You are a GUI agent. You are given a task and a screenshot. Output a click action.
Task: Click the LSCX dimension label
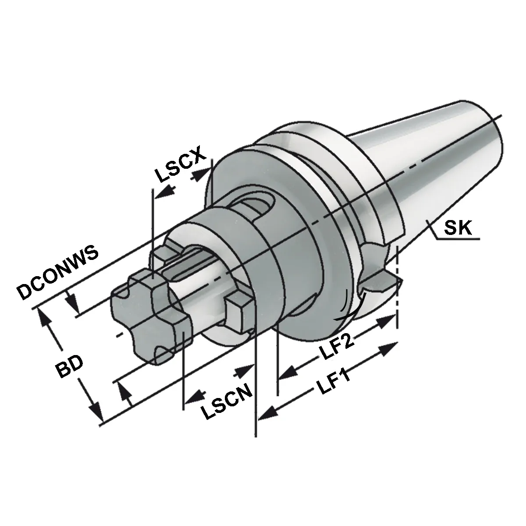click(180, 165)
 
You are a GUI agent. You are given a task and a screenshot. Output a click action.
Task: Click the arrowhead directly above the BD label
click(45, 321)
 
